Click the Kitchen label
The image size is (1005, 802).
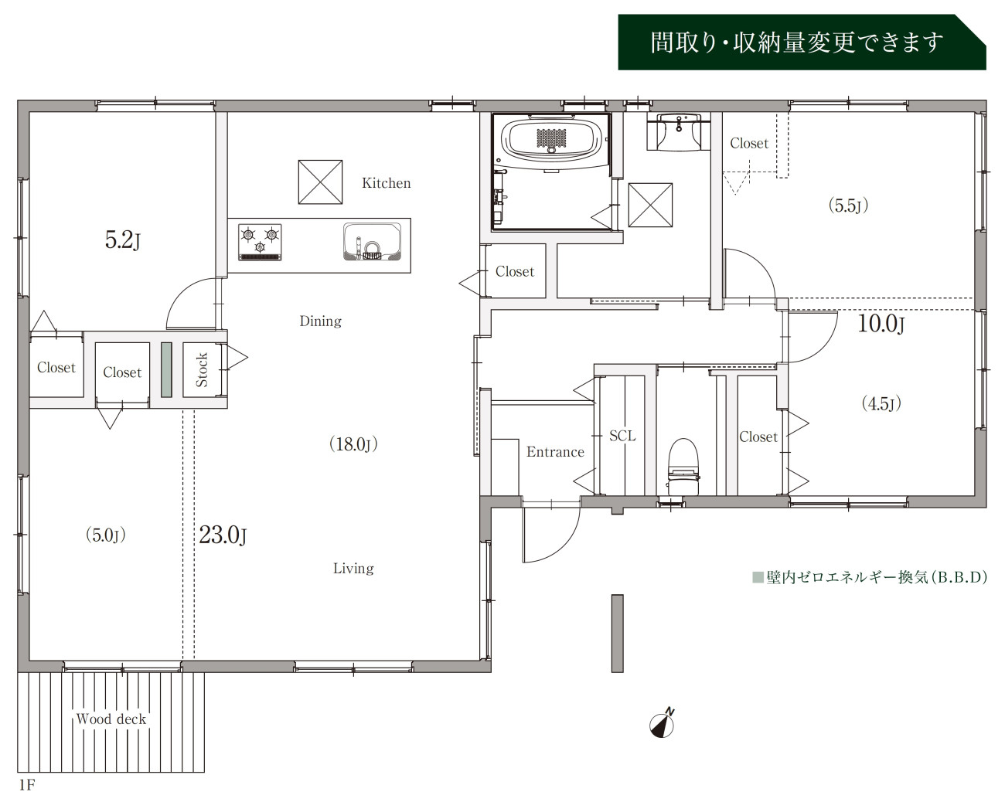387,183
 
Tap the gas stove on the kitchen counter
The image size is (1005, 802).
260,242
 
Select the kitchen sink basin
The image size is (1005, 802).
372,241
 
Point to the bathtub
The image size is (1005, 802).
551,138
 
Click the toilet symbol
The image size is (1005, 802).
683,467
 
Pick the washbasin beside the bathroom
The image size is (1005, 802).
679,131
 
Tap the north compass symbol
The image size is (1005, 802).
663,723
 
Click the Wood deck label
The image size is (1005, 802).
111,719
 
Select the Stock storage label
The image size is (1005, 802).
202,370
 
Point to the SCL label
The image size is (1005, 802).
622,436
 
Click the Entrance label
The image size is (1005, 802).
555,452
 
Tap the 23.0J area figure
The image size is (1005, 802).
223,535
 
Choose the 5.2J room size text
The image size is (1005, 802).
123,240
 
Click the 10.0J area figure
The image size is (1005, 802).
881,324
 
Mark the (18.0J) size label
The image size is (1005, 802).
353,444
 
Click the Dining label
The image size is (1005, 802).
320,321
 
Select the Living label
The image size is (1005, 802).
353,569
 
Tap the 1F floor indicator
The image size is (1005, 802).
27,786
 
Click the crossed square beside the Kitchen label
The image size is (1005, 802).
320,182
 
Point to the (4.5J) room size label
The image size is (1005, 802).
881,403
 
